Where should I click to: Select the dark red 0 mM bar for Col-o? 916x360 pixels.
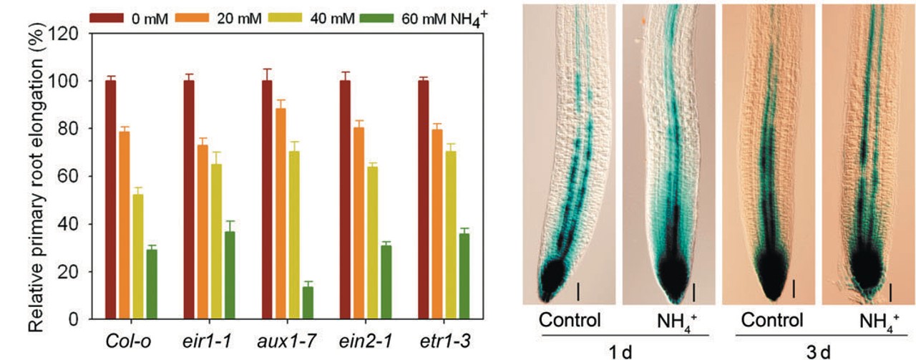click(110, 200)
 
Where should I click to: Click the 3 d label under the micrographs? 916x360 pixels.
click(821, 351)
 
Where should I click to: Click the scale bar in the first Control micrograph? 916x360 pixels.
click(578, 291)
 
